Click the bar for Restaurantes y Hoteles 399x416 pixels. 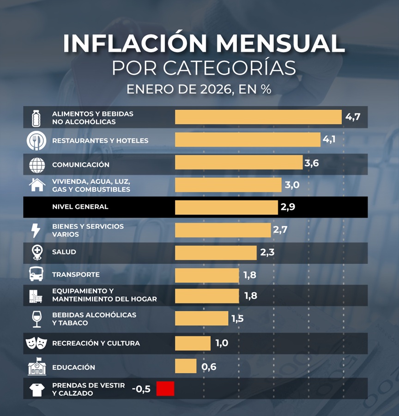tap(248, 140)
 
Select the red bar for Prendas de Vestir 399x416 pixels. tap(165, 389)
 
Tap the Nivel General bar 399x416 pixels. tap(226, 207)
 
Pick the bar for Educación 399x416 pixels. tap(186, 367)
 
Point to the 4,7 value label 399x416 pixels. tap(352, 117)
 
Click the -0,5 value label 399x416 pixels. tap(141, 389)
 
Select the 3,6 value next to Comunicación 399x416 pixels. tap(311, 163)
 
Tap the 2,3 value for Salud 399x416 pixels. tap(267, 253)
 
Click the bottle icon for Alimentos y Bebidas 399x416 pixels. tap(36, 118)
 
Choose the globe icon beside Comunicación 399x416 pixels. tap(36, 165)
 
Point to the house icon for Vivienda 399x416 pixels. tap(37, 185)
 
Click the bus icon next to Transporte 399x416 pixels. tap(36, 274)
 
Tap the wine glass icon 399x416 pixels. tap(36, 319)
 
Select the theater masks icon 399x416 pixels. tap(36, 343)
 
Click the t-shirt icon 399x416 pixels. tap(36, 390)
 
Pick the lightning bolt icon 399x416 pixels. tap(36, 230)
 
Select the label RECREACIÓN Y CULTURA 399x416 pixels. tap(96, 344)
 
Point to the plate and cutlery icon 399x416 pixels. tap(36, 140)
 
